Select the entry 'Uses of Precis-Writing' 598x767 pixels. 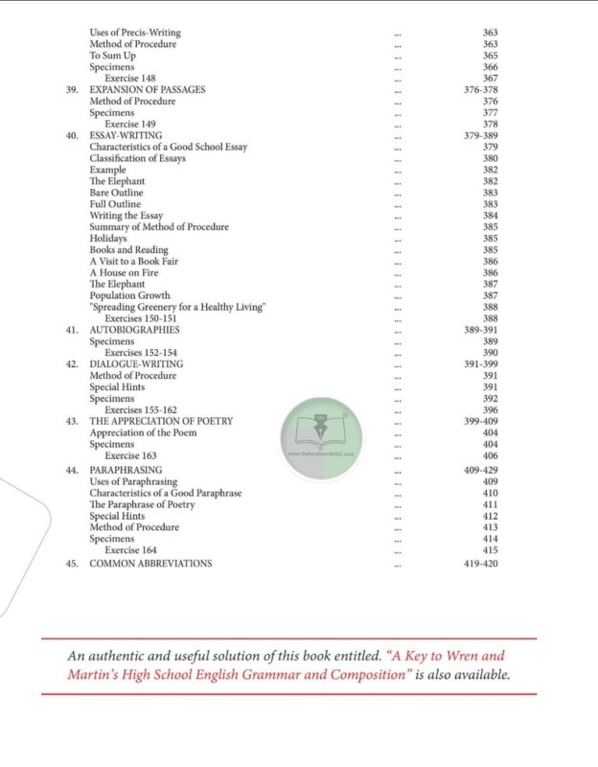point(134,33)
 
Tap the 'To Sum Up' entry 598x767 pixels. point(111,56)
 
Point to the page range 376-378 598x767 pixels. point(479,90)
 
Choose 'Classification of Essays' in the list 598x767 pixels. point(137,158)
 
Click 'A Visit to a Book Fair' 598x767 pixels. point(134,261)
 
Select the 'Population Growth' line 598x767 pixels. point(129,295)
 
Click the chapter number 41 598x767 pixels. point(71,330)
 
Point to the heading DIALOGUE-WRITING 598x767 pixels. point(136,364)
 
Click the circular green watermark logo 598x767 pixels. point(320,432)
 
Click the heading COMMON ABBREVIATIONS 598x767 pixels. point(150,564)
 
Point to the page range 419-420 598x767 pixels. point(479,564)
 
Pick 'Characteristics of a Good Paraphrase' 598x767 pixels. point(165,493)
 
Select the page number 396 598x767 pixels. point(490,409)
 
